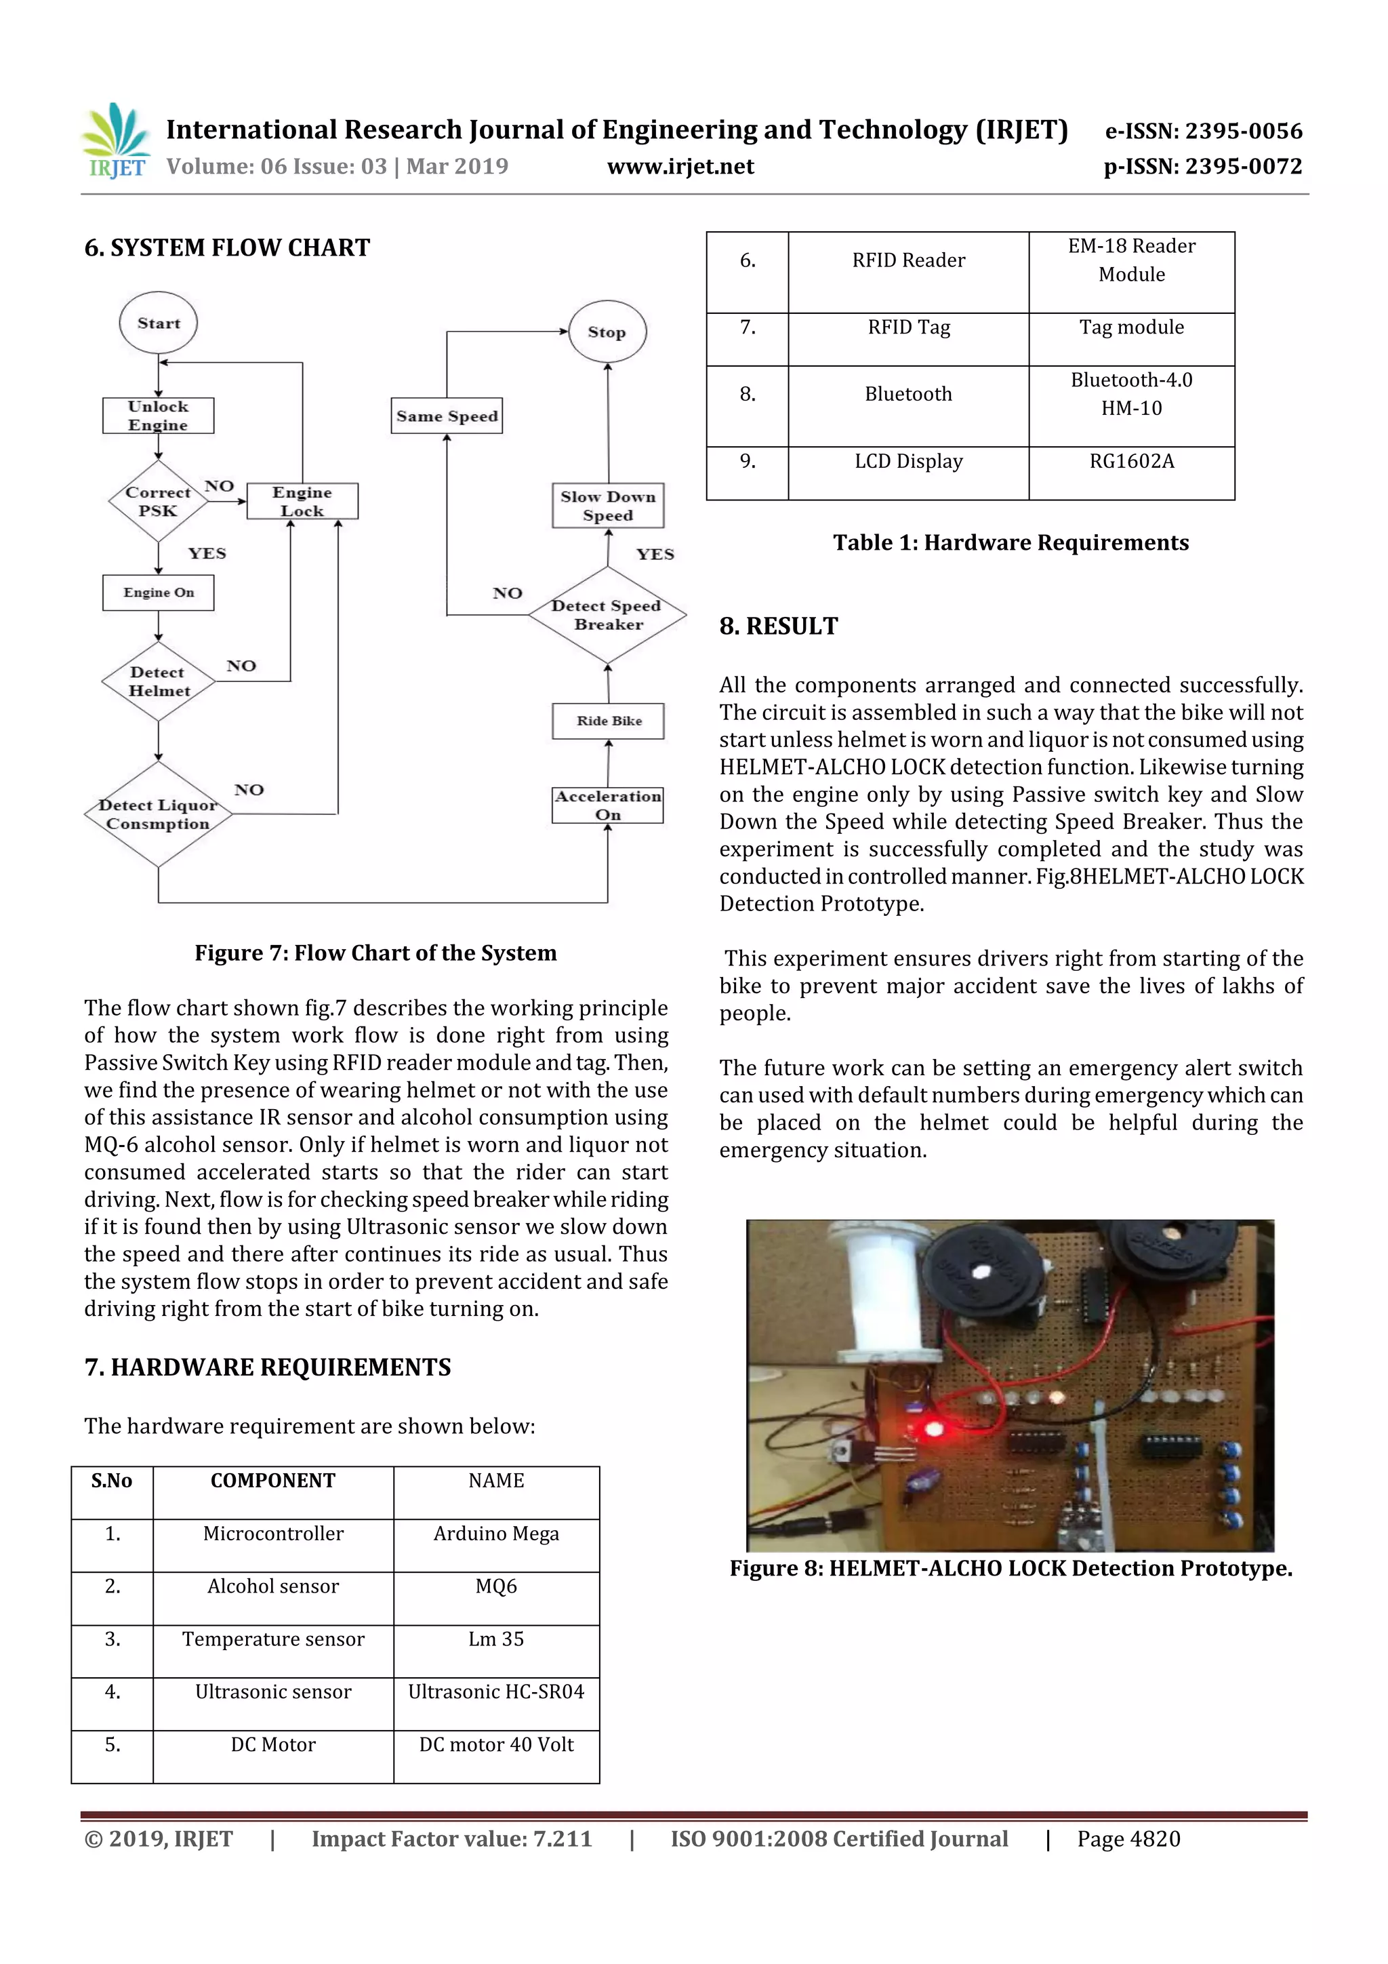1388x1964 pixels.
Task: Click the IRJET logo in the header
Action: pyautogui.click(x=117, y=141)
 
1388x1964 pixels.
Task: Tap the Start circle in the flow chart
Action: pyautogui.click(x=158, y=323)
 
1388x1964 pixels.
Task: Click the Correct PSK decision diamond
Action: pyautogui.click(x=158, y=501)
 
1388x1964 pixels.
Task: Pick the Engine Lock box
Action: pyautogui.click(x=302, y=501)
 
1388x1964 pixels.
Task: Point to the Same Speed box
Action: pyautogui.click(x=447, y=416)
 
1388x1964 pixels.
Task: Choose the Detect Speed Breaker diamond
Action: pyautogui.click(x=607, y=615)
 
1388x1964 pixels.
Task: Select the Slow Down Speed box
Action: pyautogui.click(x=608, y=506)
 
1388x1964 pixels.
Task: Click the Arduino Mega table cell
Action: pyautogui.click(x=496, y=1534)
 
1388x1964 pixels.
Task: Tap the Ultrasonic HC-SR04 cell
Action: pyautogui.click(x=496, y=1692)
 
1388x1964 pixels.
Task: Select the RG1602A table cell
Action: pyautogui.click(x=1131, y=462)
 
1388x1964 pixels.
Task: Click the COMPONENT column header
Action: pyautogui.click(x=273, y=1481)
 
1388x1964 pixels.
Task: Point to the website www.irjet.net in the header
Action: pyautogui.click(x=680, y=167)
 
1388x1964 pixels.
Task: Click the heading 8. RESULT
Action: pyautogui.click(x=778, y=626)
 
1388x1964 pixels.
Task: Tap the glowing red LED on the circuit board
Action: pyautogui.click(x=933, y=1428)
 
